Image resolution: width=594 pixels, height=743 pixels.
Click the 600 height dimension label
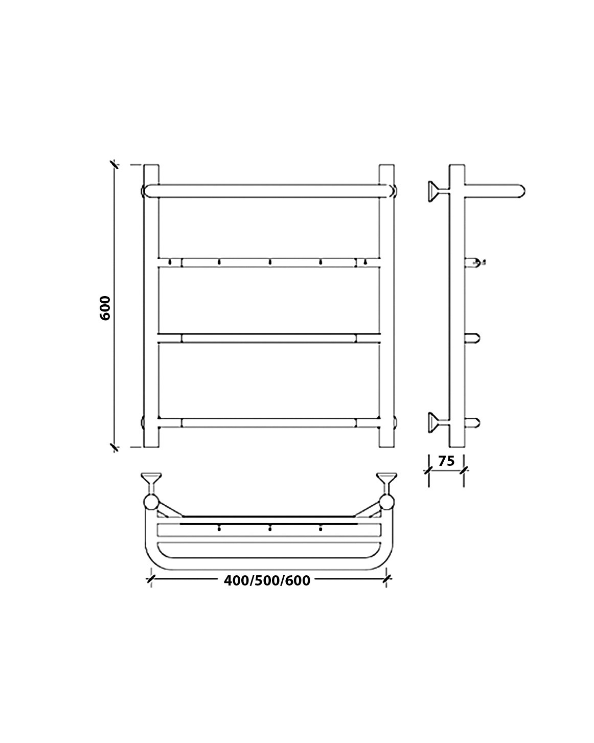(105, 308)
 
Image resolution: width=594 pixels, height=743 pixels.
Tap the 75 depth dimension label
(446, 461)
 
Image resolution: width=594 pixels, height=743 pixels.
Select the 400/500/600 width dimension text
(267, 580)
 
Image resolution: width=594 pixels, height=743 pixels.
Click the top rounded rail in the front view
(269, 191)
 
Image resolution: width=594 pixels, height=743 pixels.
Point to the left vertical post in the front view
(151, 306)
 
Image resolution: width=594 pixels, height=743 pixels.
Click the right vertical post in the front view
(386, 306)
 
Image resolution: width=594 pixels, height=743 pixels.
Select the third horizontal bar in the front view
(269, 338)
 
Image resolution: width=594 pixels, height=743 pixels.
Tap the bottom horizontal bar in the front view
(269, 423)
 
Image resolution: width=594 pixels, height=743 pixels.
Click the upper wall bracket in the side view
(438, 191)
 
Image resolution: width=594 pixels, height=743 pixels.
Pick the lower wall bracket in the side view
(438, 422)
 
